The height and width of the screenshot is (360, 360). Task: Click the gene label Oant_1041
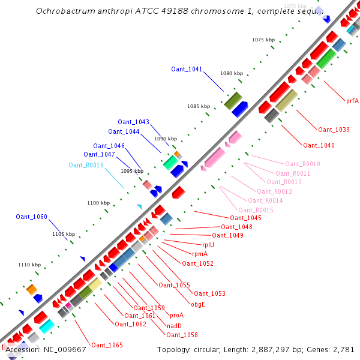[x=187, y=69]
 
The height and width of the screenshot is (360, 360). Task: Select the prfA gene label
[x=352, y=101]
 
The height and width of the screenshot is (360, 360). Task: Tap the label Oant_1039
[x=334, y=130]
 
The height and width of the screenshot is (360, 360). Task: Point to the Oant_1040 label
[x=319, y=145]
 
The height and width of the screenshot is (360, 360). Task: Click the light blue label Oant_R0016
[x=86, y=165]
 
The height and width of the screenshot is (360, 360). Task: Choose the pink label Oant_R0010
[x=302, y=164]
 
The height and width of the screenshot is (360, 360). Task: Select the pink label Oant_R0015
[x=256, y=209]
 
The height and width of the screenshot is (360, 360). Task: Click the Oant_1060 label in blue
[x=31, y=217]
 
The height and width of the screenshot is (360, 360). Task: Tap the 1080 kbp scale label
[x=232, y=73]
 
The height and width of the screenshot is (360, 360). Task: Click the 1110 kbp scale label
[x=29, y=265]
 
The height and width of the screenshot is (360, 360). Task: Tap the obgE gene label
[x=198, y=304]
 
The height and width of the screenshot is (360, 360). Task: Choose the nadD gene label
[x=174, y=325]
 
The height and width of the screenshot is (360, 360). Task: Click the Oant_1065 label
[x=107, y=345]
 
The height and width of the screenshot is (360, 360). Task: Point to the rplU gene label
[x=208, y=245]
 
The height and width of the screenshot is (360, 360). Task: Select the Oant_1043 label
[x=133, y=122]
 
